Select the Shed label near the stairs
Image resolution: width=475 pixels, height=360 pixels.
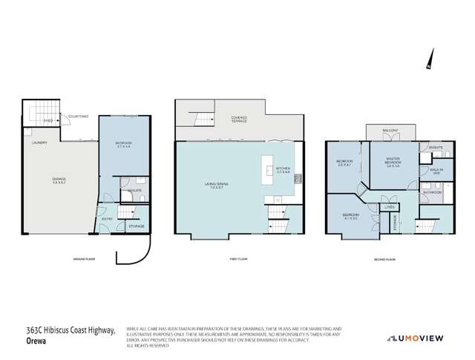[47, 120]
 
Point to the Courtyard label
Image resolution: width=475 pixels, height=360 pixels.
[79, 117]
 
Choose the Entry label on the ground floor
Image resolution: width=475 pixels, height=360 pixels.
[106, 218]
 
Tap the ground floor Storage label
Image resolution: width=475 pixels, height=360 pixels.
[137, 226]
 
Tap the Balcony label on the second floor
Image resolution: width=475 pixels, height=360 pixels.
[391, 131]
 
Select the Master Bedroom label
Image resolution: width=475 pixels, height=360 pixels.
[393, 164]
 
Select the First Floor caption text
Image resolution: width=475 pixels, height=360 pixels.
[240, 259]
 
